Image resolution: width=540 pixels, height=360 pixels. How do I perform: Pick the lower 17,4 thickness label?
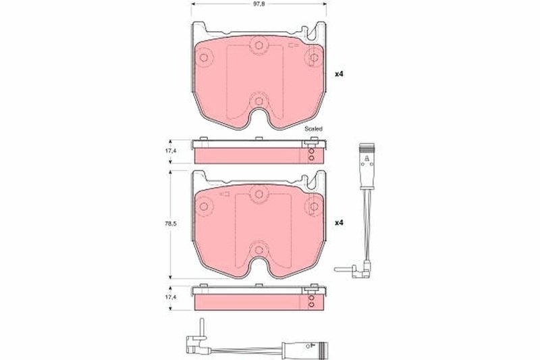(173, 297)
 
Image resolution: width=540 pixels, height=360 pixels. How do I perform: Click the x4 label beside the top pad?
(340, 74)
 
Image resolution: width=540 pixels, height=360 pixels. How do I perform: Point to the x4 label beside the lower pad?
(340, 223)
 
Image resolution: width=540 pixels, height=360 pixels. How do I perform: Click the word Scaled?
(313, 128)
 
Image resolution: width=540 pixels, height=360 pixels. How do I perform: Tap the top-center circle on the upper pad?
(256, 47)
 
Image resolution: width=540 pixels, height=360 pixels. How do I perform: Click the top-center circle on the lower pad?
(256, 195)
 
